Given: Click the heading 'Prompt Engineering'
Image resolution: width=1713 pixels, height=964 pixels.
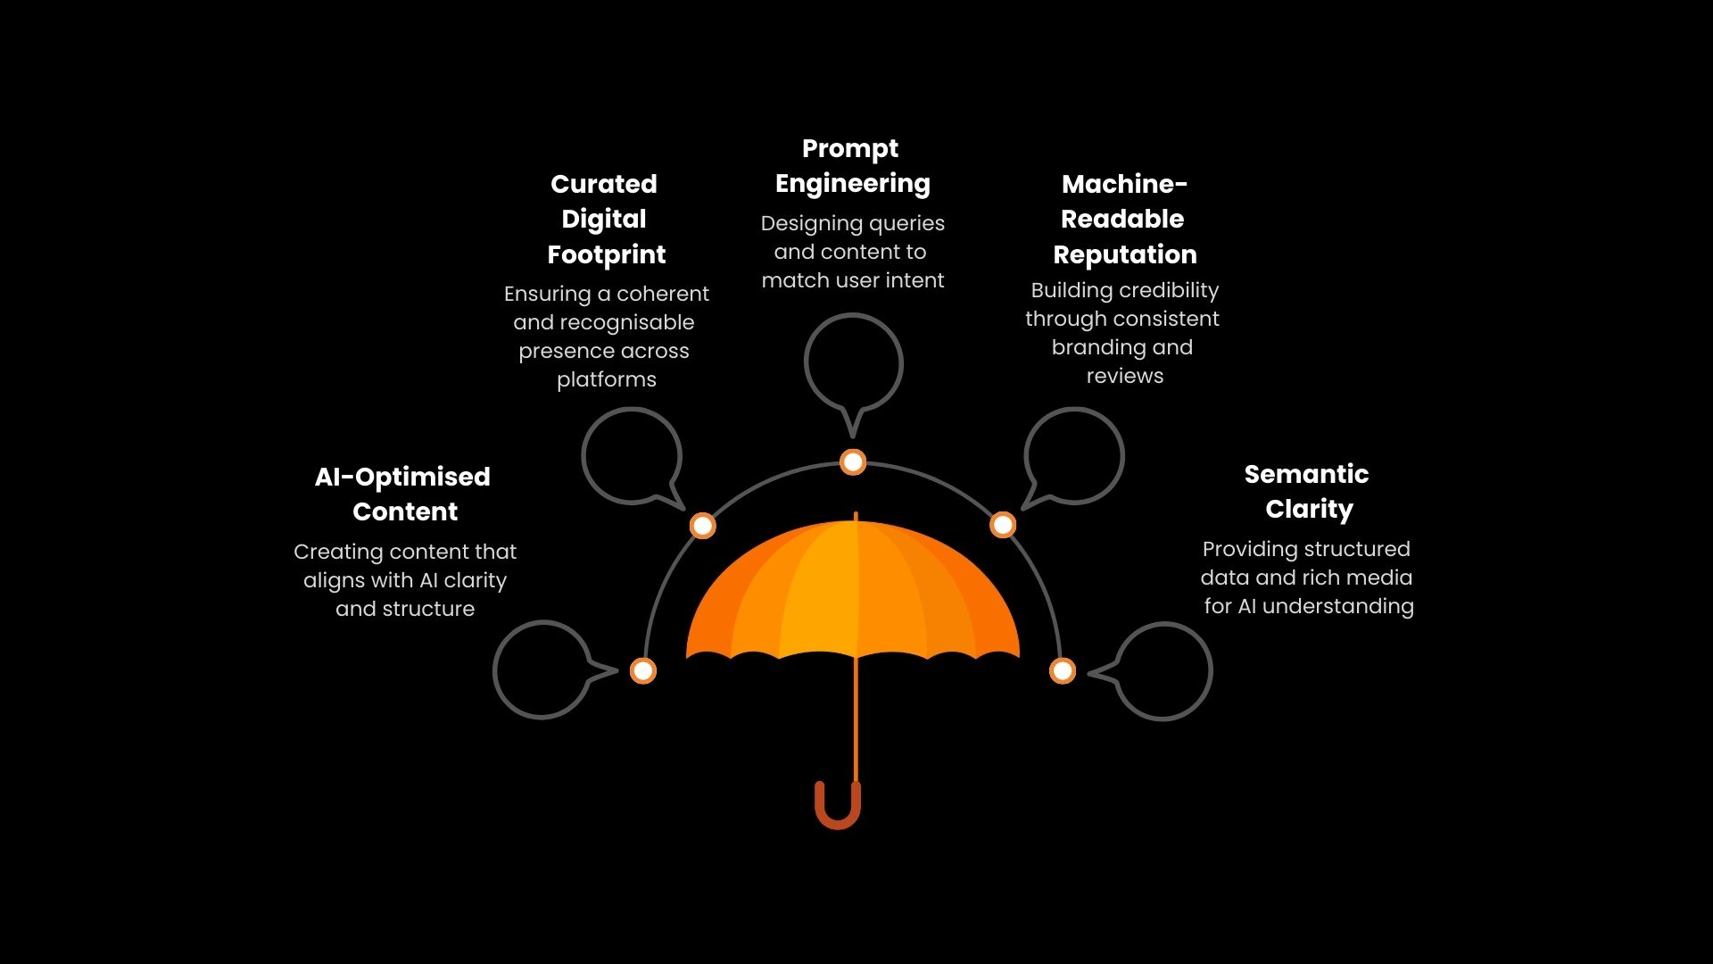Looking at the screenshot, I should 852,166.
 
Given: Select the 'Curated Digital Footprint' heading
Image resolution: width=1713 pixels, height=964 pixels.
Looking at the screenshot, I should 606,220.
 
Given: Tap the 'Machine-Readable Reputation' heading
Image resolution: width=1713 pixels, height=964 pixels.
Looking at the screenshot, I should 1124,220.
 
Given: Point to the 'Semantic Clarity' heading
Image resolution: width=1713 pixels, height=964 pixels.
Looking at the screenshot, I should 1307,492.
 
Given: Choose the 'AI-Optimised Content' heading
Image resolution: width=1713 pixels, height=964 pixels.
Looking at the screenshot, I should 403,494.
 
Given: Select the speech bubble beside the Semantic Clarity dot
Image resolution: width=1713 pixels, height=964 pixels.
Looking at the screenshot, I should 1163,671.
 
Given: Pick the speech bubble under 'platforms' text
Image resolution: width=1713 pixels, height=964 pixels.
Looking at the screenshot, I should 631,456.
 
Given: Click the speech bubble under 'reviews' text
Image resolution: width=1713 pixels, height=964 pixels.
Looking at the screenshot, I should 1074,456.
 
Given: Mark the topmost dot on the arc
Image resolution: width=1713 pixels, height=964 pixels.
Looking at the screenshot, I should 853,461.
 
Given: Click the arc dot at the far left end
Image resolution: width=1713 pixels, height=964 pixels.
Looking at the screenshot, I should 643,670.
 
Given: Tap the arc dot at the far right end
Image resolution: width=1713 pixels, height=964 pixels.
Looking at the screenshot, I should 1062,670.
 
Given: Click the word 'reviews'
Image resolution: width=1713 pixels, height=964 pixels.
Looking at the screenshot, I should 1124,376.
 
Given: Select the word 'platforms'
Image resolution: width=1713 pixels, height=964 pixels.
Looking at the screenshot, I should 607,379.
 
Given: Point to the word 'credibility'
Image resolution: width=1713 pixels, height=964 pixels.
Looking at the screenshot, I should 1169,290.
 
